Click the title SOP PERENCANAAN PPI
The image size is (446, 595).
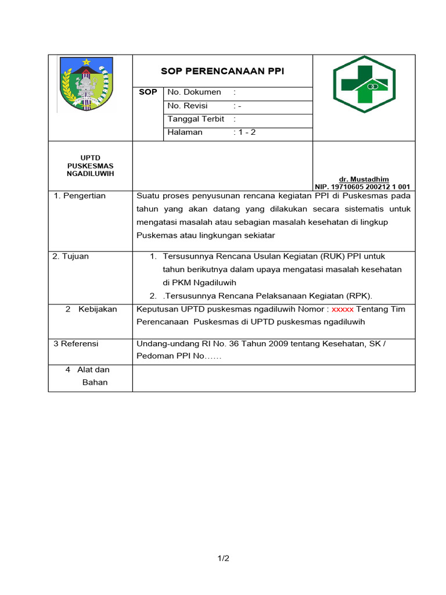(222, 71)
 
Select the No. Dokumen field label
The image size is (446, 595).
(194, 92)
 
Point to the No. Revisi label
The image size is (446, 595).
(187, 106)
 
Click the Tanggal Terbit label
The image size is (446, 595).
(196, 119)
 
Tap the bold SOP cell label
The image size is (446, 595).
(148, 92)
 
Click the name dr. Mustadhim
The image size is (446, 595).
(364, 179)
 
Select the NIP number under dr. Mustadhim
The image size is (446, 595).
(363, 187)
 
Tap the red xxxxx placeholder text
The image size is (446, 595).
(343, 309)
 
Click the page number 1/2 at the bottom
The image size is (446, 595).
(224, 558)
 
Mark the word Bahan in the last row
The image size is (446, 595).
(95, 382)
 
